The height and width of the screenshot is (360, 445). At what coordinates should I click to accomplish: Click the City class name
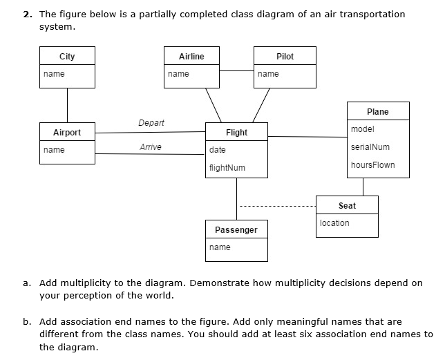point(67,57)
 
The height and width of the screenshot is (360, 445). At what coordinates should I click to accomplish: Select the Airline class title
point(191,57)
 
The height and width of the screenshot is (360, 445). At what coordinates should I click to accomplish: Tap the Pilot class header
point(285,57)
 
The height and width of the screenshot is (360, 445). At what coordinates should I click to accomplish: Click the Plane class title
point(378,112)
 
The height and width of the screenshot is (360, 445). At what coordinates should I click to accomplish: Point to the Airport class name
point(67,133)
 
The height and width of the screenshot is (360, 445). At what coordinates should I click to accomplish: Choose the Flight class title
point(236,133)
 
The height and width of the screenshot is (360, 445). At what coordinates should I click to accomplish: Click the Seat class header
point(348,206)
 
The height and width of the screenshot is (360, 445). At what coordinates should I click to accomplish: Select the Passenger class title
point(236,230)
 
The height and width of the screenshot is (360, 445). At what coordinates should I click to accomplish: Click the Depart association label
point(151,123)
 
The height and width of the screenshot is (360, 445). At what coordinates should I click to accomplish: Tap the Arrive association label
point(151,147)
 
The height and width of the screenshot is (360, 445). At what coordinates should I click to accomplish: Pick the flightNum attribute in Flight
point(227,168)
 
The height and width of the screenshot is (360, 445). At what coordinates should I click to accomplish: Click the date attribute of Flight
point(217,150)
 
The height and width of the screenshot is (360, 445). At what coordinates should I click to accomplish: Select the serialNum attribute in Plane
point(370,147)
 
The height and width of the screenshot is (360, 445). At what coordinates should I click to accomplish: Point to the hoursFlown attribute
point(373,165)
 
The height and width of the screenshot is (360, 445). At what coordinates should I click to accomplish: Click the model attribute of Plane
point(363,129)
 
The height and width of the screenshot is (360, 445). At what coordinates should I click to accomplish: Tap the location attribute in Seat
point(335,223)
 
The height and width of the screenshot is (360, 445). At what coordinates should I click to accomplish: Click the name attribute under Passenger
point(220,247)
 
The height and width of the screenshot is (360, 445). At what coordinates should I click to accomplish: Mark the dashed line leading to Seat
point(276,206)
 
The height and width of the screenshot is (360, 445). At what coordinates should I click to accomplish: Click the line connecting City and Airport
point(67,104)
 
